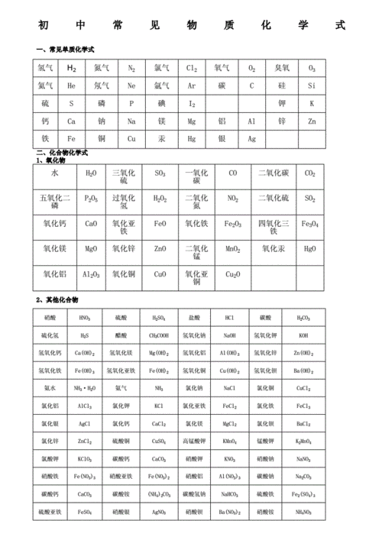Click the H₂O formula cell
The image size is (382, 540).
(x=91, y=173)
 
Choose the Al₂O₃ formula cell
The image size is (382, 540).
(x=91, y=274)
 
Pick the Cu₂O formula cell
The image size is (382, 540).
(x=232, y=274)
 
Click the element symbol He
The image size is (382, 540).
(x=71, y=86)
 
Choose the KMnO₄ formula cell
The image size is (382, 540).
(x=229, y=441)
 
